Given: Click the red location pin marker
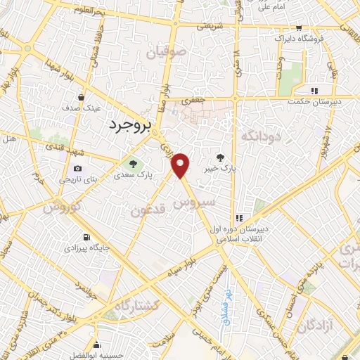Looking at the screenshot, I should click(x=181, y=165).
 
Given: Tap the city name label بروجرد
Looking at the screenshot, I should click(x=131, y=126).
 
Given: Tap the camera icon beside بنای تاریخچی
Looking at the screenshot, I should click(x=77, y=169).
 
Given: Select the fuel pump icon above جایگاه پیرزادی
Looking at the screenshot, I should click(x=86, y=237).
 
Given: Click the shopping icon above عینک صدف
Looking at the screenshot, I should click(x=83, y=98).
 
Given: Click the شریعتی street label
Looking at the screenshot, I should click(x=208, y=25).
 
